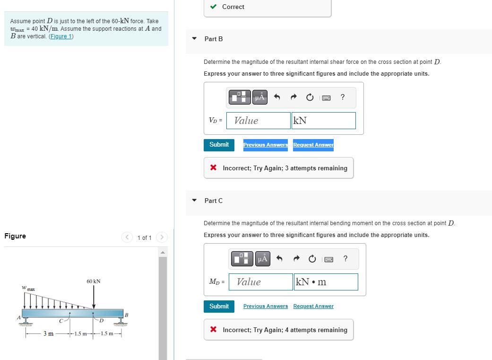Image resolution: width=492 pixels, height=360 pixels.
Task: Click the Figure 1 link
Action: [61, 36]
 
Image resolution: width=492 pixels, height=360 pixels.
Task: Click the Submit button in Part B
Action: [219, 145]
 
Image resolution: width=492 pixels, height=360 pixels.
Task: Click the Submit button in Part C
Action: [219, 307]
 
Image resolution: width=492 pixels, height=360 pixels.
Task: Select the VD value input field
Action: [258, 121]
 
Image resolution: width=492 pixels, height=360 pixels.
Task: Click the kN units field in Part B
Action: [323, 121]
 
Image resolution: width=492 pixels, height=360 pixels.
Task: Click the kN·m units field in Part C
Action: [326, 282]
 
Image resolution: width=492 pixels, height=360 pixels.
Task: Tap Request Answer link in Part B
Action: [313, 145]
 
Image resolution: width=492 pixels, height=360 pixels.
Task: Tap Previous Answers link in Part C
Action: [265, 307]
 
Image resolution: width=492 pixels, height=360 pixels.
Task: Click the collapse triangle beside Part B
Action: [194, 39]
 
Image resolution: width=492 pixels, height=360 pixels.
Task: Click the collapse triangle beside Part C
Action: [194, 201]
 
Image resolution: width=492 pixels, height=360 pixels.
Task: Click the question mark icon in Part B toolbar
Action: [343, 97]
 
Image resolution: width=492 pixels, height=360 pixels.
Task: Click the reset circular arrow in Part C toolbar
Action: [312, 259]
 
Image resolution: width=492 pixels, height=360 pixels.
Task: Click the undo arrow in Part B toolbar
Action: [277, 97]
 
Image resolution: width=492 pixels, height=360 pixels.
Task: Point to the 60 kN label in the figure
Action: [94, 281]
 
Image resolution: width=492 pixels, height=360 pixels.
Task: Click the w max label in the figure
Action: [28, 288]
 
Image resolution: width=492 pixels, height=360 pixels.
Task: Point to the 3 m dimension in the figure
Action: [48, 334]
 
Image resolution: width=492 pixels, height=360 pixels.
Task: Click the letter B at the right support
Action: [126, 315]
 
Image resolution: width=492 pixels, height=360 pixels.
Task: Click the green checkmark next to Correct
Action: [214, 7]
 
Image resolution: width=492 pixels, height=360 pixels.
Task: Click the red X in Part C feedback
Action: [214, 330]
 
